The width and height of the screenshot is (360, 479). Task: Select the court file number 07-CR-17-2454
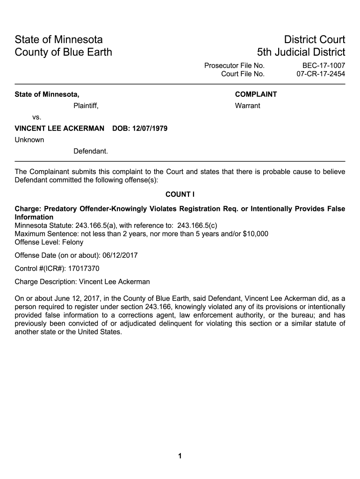coord(321,74)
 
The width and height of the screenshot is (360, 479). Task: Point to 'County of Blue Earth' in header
coord(64,52)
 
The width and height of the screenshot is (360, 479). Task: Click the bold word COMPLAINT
coord(256,94)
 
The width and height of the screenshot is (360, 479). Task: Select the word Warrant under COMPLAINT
coord(247,106)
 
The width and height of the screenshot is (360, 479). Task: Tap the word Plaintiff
coord(86,106)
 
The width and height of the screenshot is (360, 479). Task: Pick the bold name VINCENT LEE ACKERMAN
coord(60,128)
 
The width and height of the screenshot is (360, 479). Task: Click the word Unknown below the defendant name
coord(29,140)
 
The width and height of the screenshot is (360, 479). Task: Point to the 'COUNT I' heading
coord(180,194)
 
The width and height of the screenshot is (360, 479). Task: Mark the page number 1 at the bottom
coord(180,457)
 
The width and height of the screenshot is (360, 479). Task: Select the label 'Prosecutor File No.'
coord(234,65)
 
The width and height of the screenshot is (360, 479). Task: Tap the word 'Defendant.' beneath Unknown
coord(91,151)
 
